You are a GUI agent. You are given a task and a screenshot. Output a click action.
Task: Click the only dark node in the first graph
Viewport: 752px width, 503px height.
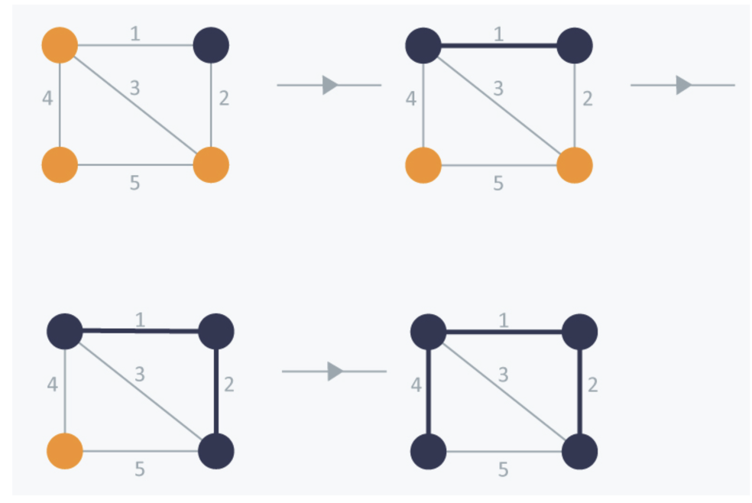point(211,45)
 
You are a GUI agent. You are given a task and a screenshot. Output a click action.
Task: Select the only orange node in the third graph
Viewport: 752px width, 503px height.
point(65,451)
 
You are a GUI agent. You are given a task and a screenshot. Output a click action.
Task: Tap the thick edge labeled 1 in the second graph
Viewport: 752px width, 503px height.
point(499,46)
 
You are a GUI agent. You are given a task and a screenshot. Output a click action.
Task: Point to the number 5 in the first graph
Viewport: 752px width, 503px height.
point(135,183)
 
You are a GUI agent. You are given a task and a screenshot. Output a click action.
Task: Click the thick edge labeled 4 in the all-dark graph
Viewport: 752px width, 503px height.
point(428,391)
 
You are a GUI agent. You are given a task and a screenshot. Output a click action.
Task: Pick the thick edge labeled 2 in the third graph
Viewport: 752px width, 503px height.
point(216,391)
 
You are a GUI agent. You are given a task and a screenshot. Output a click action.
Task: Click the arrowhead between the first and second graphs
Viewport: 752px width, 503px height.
point(330,85)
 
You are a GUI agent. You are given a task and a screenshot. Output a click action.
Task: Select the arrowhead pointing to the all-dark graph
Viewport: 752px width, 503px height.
point(335,372)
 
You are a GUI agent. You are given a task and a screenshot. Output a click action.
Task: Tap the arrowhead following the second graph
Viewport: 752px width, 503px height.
point(683,85)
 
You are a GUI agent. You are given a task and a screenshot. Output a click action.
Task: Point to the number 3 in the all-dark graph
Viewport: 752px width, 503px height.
point(503,374)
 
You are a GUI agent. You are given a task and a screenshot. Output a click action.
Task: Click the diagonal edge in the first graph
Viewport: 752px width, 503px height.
point(135,105)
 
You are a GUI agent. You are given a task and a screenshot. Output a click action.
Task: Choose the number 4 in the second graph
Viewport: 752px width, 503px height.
point(411,99)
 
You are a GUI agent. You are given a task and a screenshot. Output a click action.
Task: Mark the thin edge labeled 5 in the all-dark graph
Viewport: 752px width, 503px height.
point(504,451)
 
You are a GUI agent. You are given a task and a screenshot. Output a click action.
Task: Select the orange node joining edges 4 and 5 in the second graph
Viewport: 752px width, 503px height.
point(423,165)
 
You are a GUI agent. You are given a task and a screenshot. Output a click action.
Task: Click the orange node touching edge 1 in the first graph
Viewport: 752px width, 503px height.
point(60,45)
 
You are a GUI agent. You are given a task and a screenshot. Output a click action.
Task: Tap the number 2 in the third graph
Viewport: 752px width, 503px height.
point(229,384)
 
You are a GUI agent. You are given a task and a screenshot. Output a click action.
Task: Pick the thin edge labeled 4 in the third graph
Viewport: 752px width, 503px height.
point(65,391)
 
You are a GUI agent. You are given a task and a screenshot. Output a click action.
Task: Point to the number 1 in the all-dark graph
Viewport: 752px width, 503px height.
point(503,320)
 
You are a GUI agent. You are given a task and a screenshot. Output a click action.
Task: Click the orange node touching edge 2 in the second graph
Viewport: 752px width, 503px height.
point(575,165)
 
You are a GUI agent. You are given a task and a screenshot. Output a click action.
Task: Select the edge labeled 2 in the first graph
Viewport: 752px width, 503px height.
point(211,105)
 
